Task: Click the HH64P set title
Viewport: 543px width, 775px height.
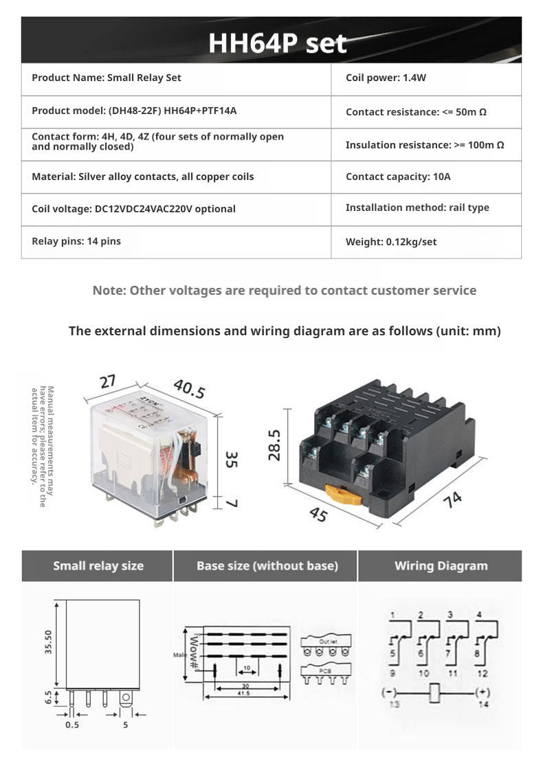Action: (x=277, y=43)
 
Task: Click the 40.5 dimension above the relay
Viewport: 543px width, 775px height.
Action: (x=189, y=389)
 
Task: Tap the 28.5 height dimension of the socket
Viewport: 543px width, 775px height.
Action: (x=275, y=445)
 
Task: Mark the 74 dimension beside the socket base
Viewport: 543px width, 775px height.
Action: (x=452, y=501)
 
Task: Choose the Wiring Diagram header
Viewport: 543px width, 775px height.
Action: (x=441, y=566)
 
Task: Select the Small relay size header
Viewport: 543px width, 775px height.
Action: (x=98, y=566)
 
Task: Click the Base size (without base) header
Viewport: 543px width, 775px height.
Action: (x=267, y=566)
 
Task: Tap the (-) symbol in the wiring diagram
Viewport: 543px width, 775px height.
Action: (x=390, y=692)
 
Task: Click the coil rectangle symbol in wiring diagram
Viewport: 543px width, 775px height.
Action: (x=434, y=693)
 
